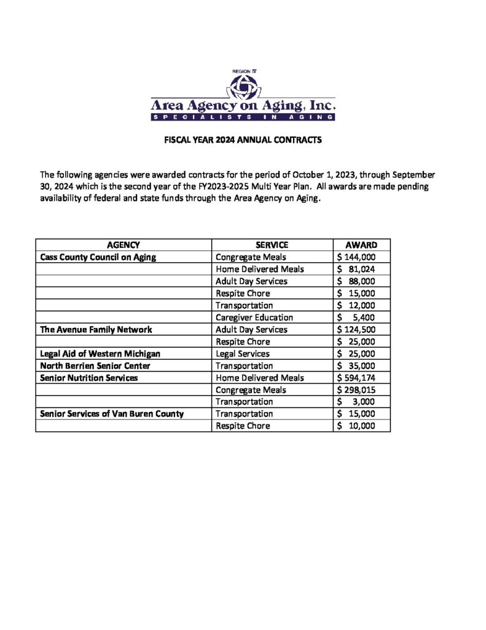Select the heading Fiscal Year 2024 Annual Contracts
coord(243,140)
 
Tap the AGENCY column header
coord(123,245)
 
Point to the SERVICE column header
coord(272,245)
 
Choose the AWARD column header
coord(361,245)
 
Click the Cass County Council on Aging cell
coord(98,257)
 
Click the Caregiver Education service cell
coord(254,317)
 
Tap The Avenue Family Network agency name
coord(96,330)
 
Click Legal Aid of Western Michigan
coord(100,354)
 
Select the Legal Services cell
coord(243,354)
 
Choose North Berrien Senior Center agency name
coord(95,365)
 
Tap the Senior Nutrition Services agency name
coord(88,378)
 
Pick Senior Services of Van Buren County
coord(112,414)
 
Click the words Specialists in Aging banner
coord(243,117)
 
